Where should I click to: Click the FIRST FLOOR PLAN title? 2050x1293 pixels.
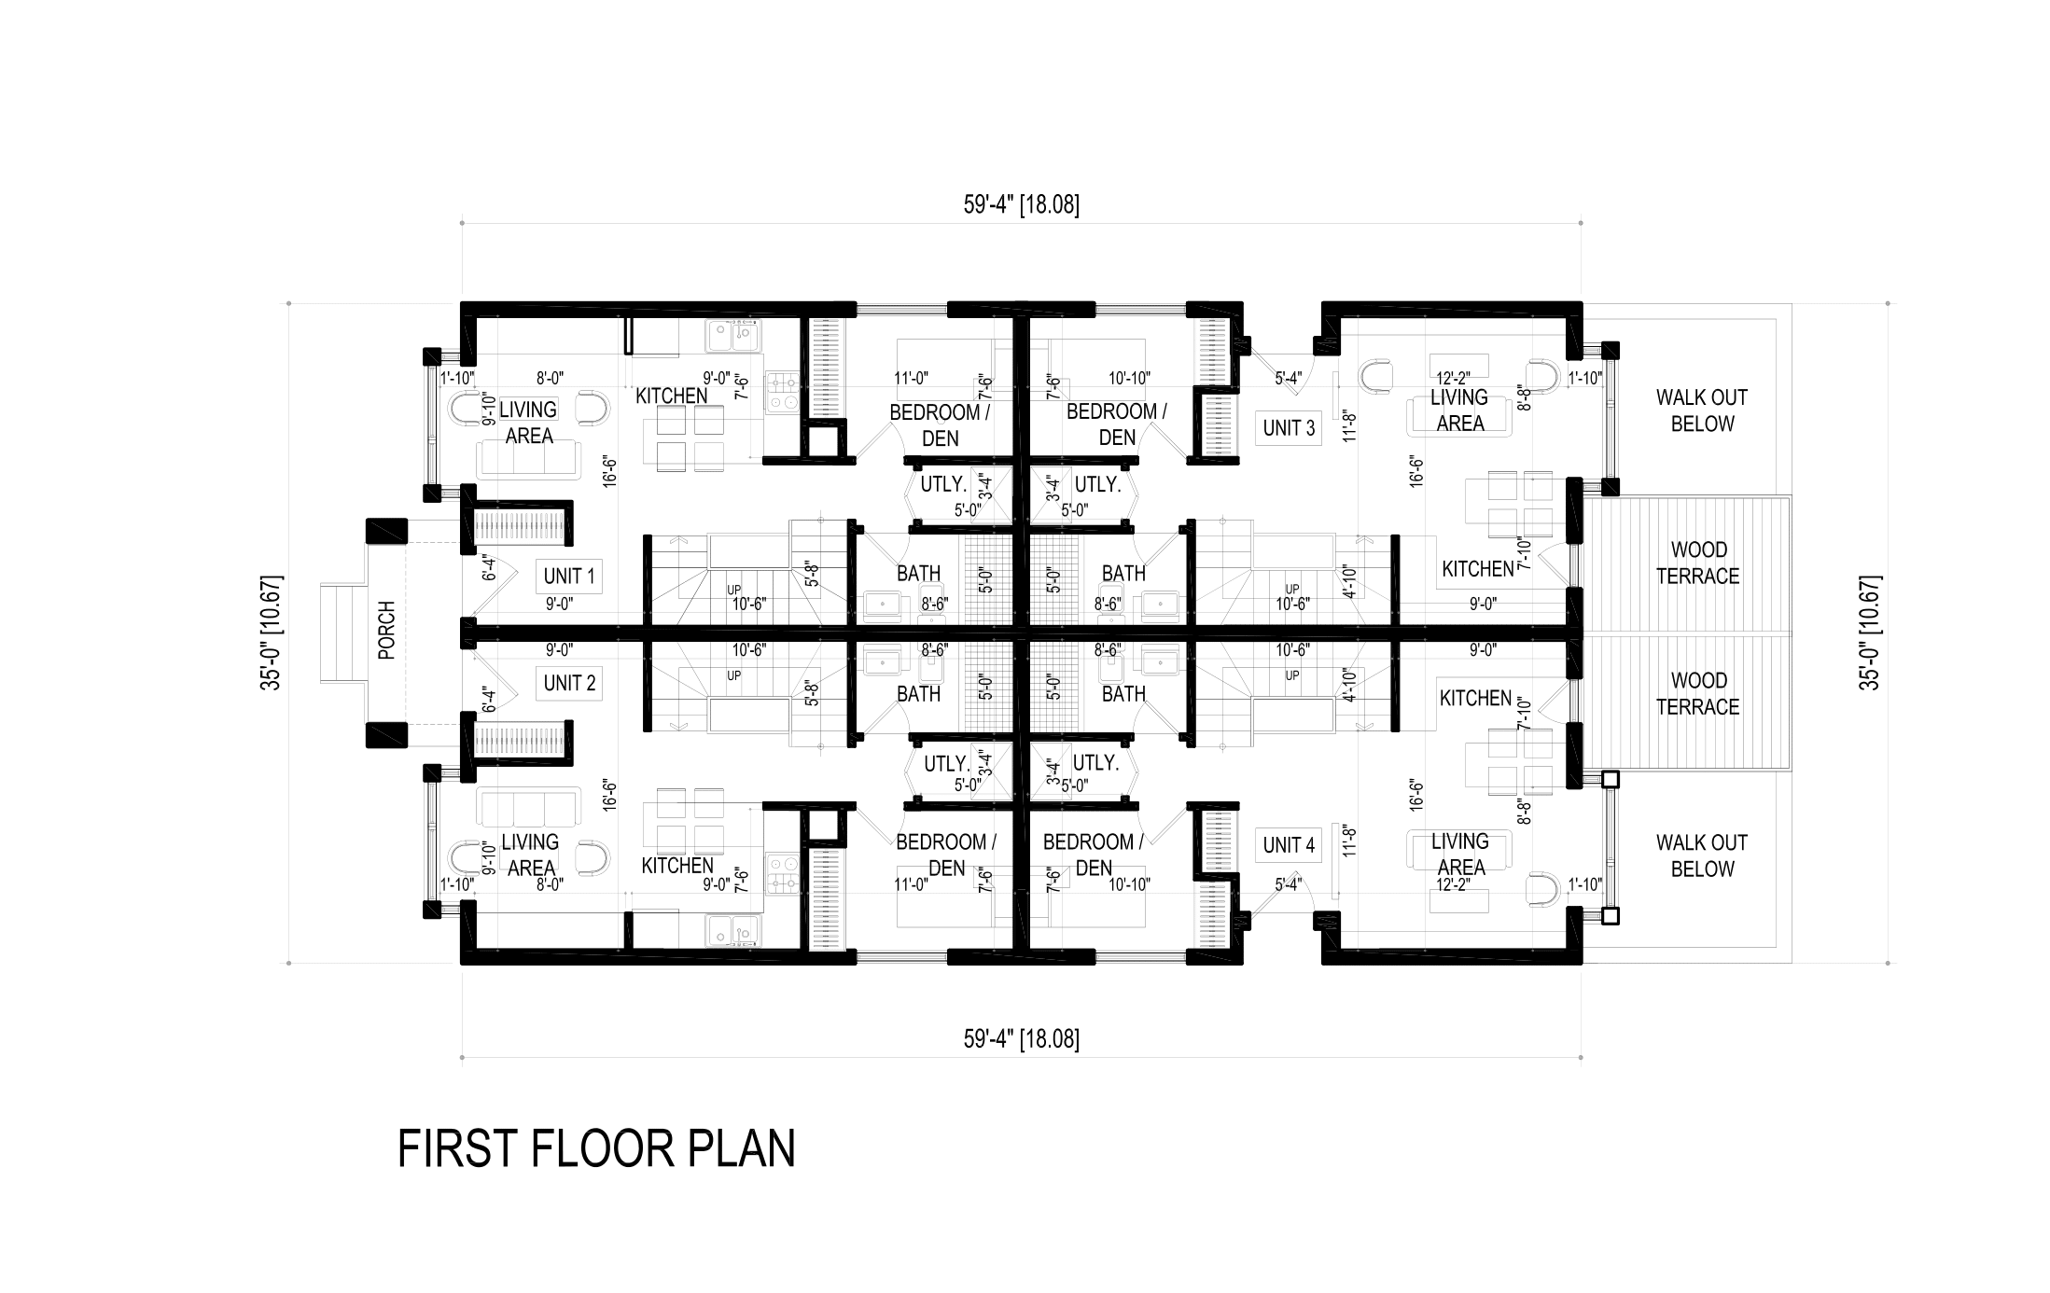596,1148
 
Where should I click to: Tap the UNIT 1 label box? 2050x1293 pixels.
569,577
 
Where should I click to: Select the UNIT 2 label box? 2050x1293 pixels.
569,683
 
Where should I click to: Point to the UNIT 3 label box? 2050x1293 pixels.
1289,428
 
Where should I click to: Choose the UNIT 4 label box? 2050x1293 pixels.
1289,845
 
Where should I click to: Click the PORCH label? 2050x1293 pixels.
387,630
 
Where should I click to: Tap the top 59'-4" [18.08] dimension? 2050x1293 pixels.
1022,205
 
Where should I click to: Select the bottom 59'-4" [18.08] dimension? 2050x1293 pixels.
1022,1039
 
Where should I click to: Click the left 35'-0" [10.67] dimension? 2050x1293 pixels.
272,632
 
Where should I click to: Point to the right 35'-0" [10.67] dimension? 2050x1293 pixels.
1870,632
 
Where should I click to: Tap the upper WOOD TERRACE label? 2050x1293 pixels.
1698,563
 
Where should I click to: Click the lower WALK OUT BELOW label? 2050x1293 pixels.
1702,855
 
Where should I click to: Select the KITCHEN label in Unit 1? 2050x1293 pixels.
672,396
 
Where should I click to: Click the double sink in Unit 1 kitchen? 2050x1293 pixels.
732,336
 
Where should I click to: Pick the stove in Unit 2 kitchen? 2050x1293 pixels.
782,873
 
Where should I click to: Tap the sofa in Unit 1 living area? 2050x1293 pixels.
528,460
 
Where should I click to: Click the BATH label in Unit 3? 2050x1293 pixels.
1123,573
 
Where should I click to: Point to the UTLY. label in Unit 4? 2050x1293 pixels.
1095,763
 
